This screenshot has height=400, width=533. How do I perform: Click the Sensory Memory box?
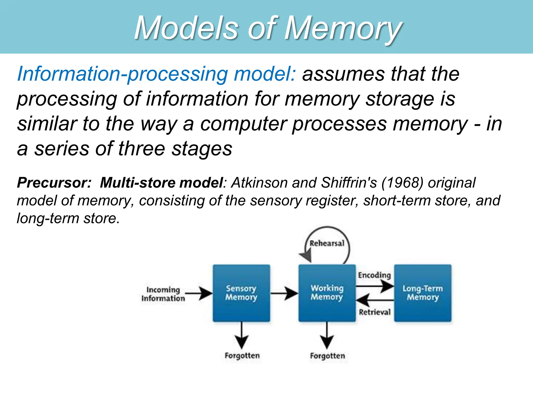(x=241, y=293)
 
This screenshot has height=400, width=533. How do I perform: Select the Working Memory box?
(x=327, y=293)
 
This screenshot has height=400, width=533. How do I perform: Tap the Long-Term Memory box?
(x=423, y=293)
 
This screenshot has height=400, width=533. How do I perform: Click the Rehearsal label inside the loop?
(x=327, y=243)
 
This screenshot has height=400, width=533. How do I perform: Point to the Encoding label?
(x=374, y=275)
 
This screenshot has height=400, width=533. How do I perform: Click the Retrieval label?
(x=375, y=312)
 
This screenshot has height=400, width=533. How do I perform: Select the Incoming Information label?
(x=163, y=294)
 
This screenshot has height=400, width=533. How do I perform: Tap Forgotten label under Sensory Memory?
(x=242, y=356)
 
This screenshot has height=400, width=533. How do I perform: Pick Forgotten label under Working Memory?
(x=327, y=356)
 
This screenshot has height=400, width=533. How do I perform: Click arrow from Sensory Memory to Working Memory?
(x=284, y=293)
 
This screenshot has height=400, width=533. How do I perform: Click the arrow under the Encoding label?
(x=375, y=286)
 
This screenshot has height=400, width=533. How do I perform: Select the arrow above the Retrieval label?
(x=375, y=300)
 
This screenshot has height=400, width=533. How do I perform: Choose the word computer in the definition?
(x=243, y=124)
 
